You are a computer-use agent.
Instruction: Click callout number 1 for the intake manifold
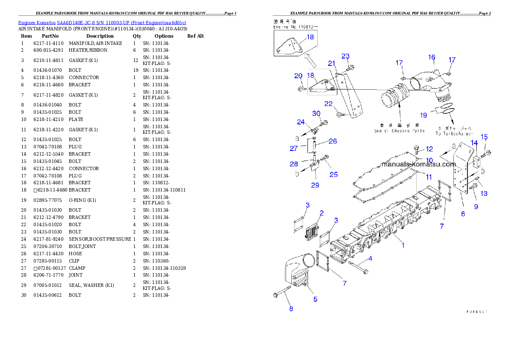coord(402,245)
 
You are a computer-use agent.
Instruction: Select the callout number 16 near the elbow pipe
coord(432,57)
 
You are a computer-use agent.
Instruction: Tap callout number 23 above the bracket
coord(345,56)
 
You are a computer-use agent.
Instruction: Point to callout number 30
coord(316,114)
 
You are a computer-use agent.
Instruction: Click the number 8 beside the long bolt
coord(291,309)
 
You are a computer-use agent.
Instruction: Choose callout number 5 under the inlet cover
coord(315,299)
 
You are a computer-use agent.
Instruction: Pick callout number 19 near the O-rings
coord(423,115)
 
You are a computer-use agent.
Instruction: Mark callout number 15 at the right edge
coord(484,137)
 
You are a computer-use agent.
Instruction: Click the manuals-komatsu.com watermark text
coord(418,164)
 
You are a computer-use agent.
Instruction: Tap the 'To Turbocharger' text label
coord(454,133)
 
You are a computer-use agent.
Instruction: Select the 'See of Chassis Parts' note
coord(399,130)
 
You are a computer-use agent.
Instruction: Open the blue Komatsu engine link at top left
coord(102,23)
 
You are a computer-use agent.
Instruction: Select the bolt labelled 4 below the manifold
coord(358,268)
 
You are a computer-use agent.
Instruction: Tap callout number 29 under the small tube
coord(315,185)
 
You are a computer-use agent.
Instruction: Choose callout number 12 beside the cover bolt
coord(429,149)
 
